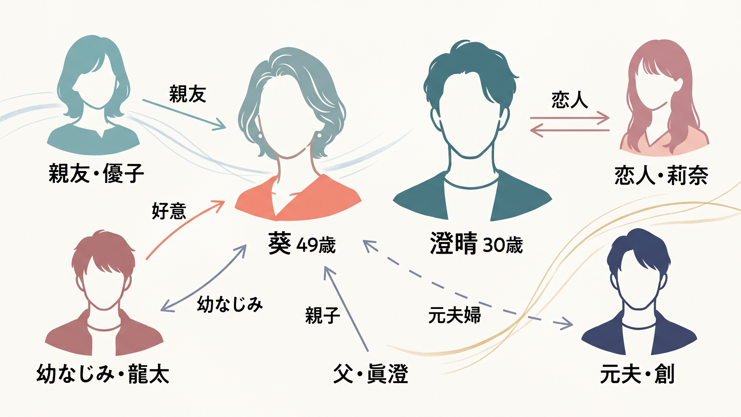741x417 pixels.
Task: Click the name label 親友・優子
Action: point(96,173)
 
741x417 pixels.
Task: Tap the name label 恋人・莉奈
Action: point(661,175)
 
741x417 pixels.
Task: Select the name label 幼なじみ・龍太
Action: point(103,374)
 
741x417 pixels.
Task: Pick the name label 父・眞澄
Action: point(370,374)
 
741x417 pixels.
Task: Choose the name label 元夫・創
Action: point(637,374)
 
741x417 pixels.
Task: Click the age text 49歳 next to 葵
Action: point(316,245)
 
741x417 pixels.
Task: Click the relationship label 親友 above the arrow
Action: point(188,94)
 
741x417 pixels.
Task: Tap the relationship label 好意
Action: point(169,211)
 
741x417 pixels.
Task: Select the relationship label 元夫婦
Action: point(455,315)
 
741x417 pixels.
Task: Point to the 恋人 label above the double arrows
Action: point(570,100)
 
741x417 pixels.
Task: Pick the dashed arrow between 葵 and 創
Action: point(467,285)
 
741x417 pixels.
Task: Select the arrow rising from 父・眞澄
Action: point(346,309)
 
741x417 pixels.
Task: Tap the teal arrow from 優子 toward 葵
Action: point(184,114)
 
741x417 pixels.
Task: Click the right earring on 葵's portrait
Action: point(319,135)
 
